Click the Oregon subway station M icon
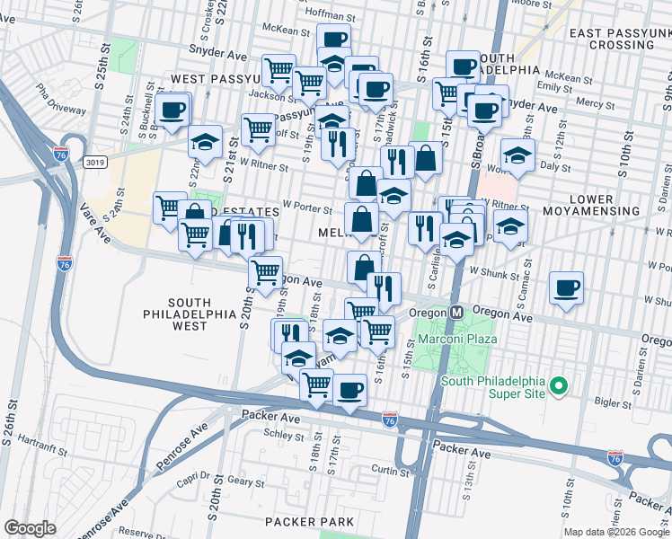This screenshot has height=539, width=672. pos(456,312)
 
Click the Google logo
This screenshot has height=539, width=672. pos(30,528)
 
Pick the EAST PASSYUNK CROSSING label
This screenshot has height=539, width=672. pos(619,39)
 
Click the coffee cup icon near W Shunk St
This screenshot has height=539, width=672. pos(566,288)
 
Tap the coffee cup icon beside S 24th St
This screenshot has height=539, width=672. pos(172,110)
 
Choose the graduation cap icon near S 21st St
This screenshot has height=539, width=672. pos(205,142)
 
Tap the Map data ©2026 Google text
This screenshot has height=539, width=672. pos(616,532)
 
